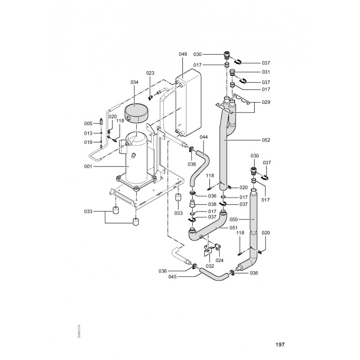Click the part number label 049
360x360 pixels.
pos(183,54)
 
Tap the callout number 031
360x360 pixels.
pos(265,72)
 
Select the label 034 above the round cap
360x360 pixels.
pos(135,82)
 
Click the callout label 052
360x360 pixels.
pos(265,140)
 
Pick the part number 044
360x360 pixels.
pos(203,136)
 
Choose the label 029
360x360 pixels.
pos(265,103)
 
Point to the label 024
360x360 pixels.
pos(220,260)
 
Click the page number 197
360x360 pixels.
pos(280,345)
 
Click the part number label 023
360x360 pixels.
pos(150,73)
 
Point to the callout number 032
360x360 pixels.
pos(210,266)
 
